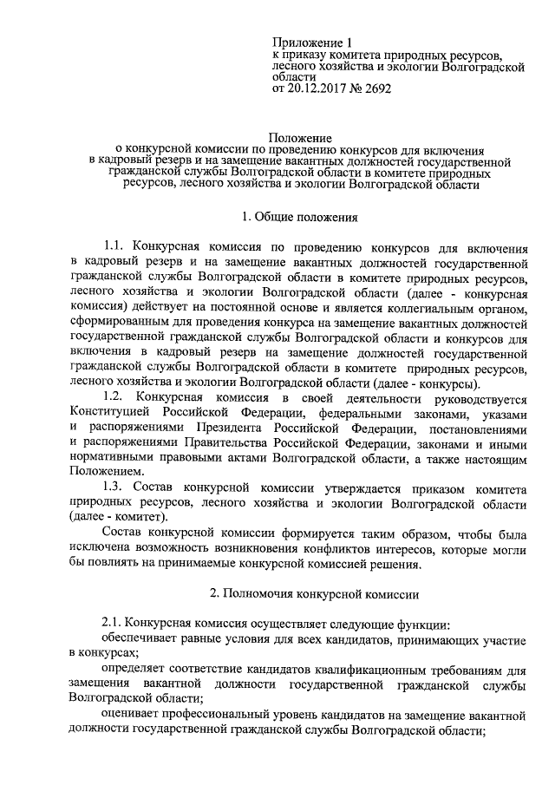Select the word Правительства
coord(220,444)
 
